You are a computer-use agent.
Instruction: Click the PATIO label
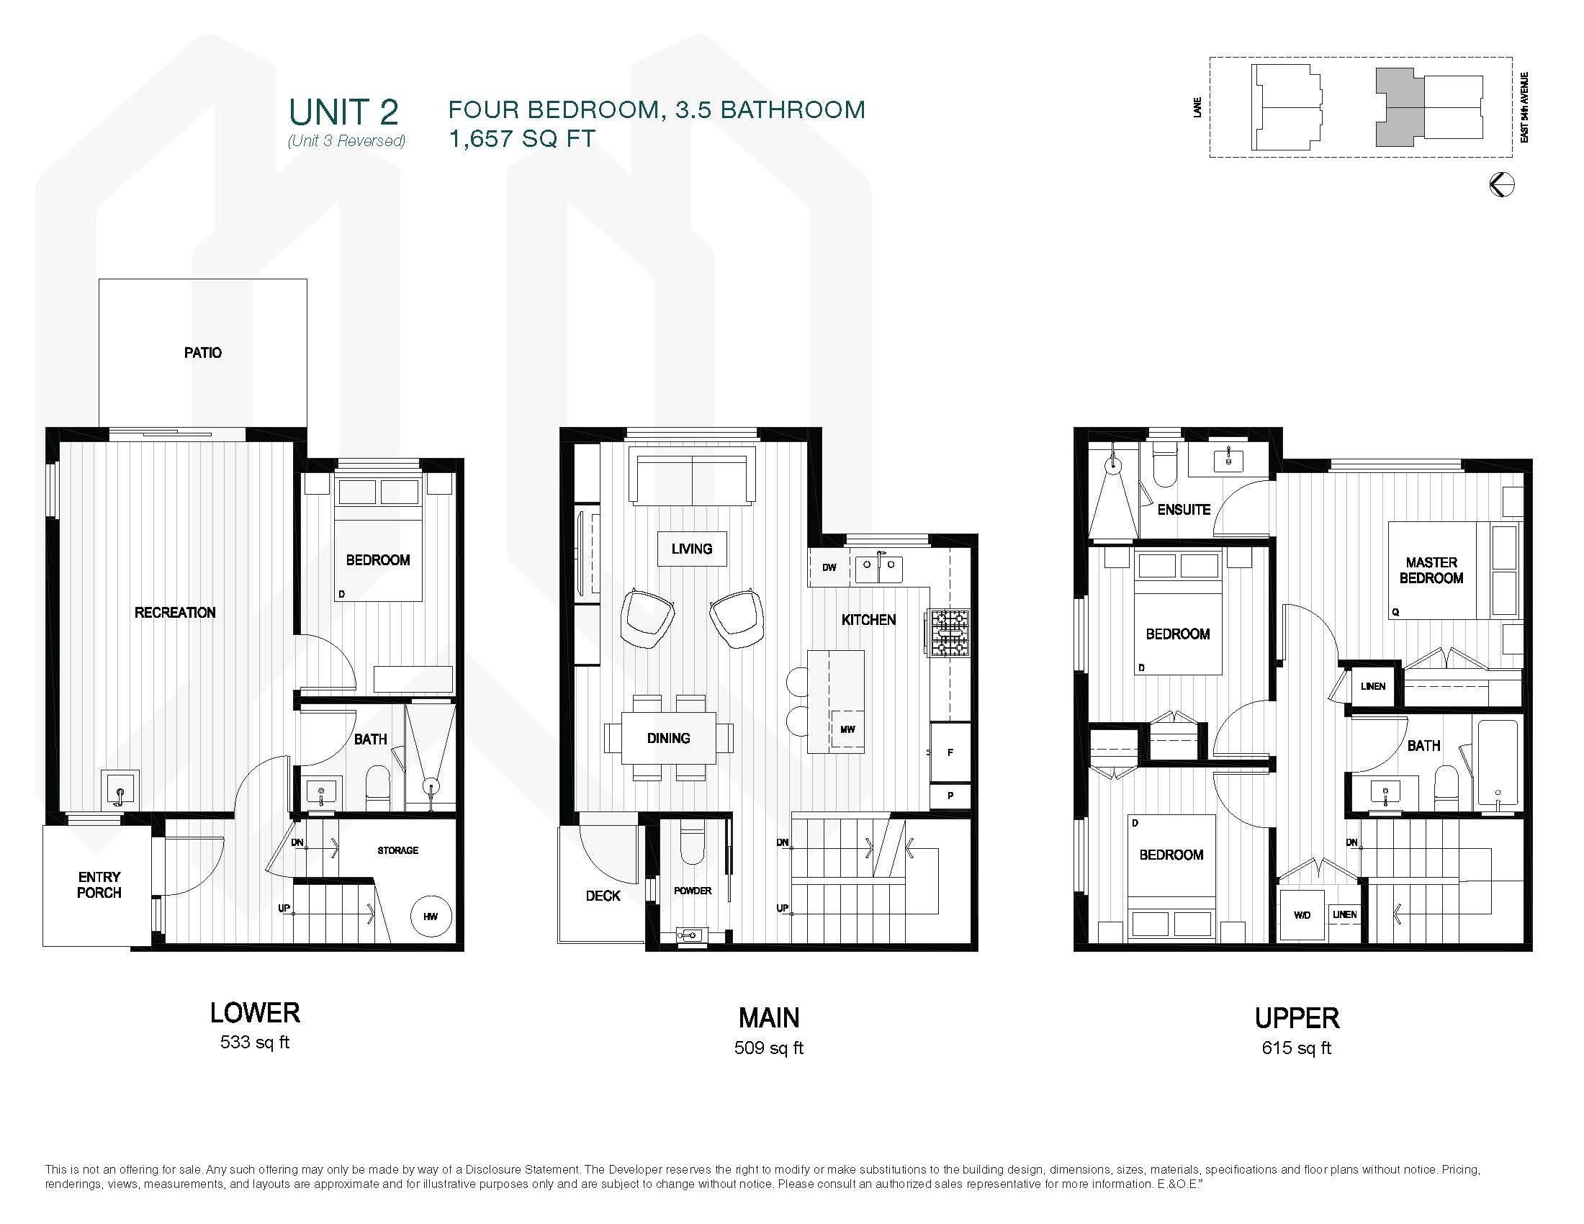coord(203,352)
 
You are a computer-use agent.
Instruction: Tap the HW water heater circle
coord(431,917)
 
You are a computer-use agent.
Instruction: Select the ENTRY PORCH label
coord(99,885)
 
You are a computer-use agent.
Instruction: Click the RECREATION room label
coord(175,613)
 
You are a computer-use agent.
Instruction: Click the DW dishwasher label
coord(829,568)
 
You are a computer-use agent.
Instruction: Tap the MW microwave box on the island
coord(847,729)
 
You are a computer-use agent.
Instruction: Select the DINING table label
coord(669,738)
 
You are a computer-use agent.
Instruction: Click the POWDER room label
coord(693,891)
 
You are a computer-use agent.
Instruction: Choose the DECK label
coord(603,896)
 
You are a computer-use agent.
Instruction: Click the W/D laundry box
coord(1302,915)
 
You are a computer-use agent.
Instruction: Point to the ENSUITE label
coord(1184,510)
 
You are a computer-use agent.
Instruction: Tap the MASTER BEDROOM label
coord(1431,570)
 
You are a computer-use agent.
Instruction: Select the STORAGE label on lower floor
coord(397,850)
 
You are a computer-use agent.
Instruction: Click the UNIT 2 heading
coord(343,112)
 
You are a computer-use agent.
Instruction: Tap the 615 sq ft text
coord(1297,1048)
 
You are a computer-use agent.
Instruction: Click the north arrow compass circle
coord(1501,184)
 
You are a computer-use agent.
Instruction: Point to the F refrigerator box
coord(950,752)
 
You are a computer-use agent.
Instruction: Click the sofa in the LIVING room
coord(692,479)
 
